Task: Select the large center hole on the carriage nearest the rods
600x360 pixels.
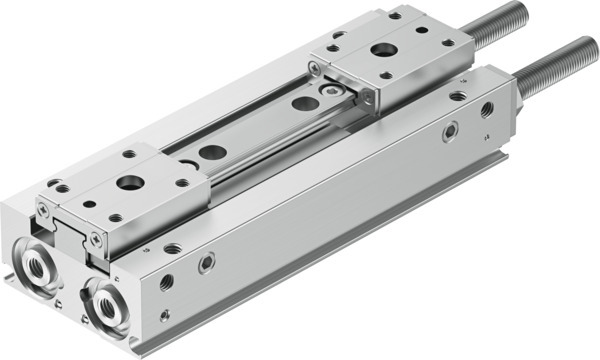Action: pos(383,49)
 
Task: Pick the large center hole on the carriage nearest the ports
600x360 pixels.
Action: pos(130,183)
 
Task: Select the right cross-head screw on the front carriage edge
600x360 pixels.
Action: pos(95,239)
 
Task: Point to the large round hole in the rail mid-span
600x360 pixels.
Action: pos(212,153)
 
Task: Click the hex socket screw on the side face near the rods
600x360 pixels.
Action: pos(450,129)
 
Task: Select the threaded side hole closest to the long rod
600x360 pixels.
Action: pos(487,108)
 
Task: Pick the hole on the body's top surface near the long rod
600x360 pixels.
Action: pos(457,97)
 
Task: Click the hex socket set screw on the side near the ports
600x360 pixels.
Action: pos(206,264)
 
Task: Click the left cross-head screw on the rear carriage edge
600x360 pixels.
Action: pos(315,67)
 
